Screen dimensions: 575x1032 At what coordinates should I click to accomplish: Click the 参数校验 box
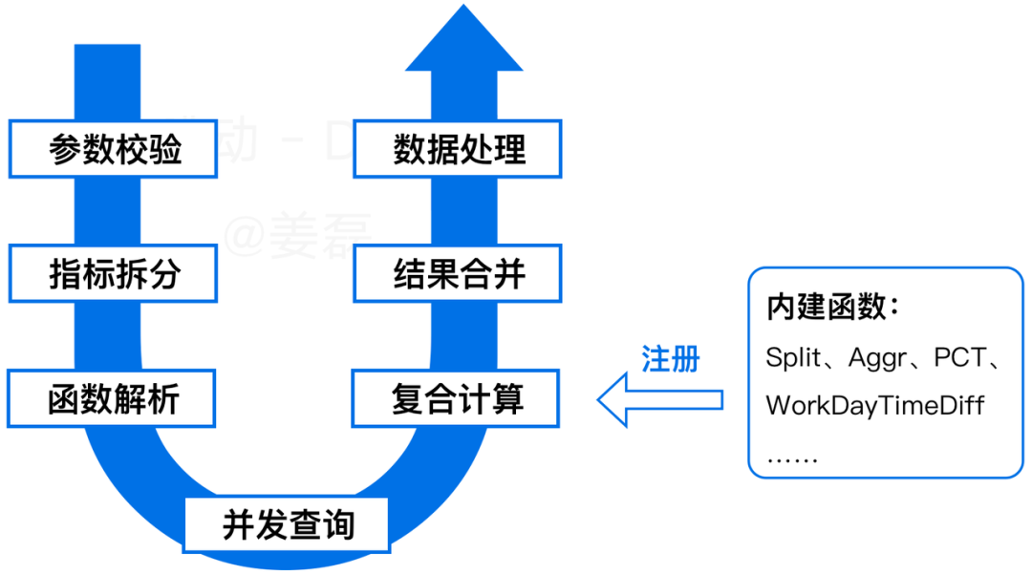[114, 149]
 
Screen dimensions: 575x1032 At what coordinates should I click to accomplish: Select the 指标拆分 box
[114, 274]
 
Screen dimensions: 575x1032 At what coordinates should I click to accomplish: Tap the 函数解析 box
[112, 398]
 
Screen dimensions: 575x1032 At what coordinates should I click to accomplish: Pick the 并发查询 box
[287, 524]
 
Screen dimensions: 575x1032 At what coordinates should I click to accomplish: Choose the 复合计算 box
[456, 398]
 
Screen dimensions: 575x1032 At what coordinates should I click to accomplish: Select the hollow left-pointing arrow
[659, 399]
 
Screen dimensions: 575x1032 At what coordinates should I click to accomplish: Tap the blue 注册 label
[671, 359]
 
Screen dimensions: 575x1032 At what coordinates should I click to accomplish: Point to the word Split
[792, 358]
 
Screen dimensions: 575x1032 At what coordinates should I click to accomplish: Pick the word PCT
[958, 358]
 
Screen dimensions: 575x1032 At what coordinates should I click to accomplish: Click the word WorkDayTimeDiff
[874, 405]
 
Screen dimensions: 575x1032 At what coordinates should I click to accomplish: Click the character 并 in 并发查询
[236, 524]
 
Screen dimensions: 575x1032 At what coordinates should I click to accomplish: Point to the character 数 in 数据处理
[408, 149]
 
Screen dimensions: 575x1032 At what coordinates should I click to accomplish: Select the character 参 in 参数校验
[64, 149]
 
